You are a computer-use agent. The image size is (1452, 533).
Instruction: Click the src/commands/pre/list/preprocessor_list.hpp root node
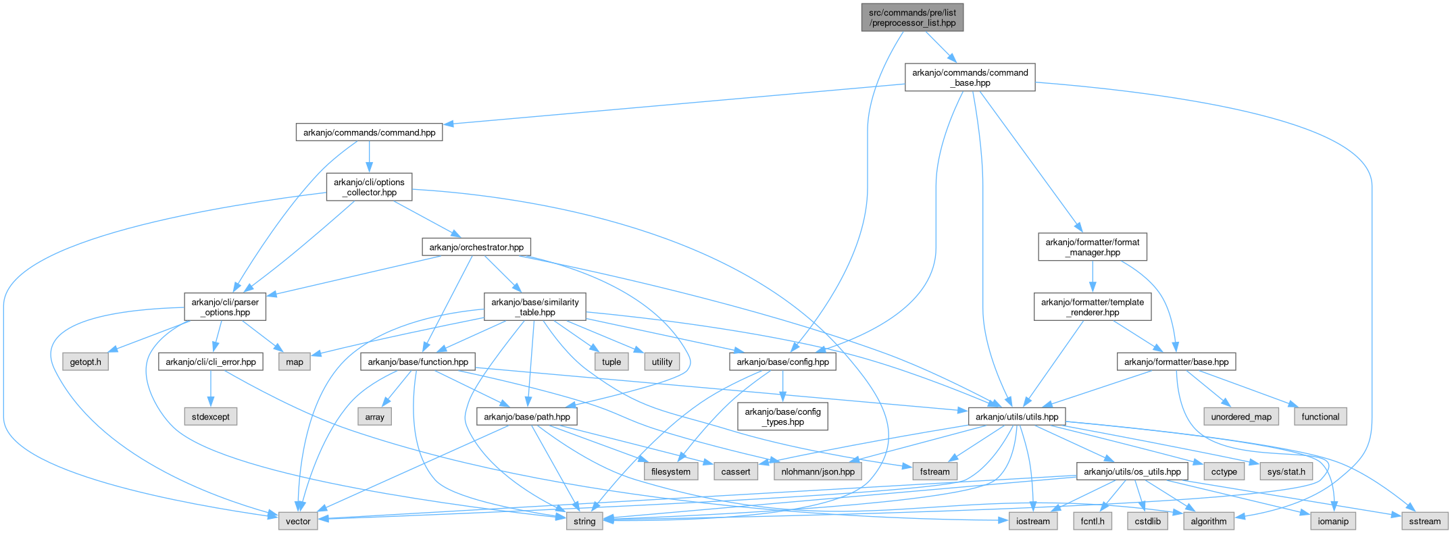[912, 18]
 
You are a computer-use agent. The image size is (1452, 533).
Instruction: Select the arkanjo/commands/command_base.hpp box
[970, 78]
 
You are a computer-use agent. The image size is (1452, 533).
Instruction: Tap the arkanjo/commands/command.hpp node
[369, 132]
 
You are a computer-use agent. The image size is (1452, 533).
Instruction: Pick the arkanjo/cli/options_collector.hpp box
[369, 187]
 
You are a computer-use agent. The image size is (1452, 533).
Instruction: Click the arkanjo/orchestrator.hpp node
[476, 247]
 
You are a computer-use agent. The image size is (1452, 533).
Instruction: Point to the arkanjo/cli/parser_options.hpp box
[225, 307]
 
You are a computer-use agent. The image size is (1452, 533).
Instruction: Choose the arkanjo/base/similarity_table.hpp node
[534, 307]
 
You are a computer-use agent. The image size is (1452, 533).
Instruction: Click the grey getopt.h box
[85, 362]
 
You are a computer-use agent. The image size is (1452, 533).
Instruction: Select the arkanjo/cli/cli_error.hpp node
[211, 362]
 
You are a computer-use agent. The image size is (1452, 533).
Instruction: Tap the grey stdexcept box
[210, 417]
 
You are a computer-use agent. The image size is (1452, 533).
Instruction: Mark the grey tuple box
[611, 362]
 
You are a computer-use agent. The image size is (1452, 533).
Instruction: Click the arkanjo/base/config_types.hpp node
[782, 417]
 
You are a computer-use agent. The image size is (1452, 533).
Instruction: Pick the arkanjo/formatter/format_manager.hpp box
[1092, 247]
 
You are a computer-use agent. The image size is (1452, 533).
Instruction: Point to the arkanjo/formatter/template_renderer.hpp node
[1092, 307]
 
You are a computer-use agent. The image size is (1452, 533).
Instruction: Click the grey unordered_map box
[1241, 417]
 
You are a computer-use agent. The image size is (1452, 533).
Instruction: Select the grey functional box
[1320, 417]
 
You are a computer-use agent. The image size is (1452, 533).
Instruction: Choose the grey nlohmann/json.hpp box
[818, 472]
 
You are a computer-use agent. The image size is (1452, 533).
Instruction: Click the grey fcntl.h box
[1092, 521]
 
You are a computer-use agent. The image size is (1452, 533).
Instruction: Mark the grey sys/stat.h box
[1286, 472]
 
